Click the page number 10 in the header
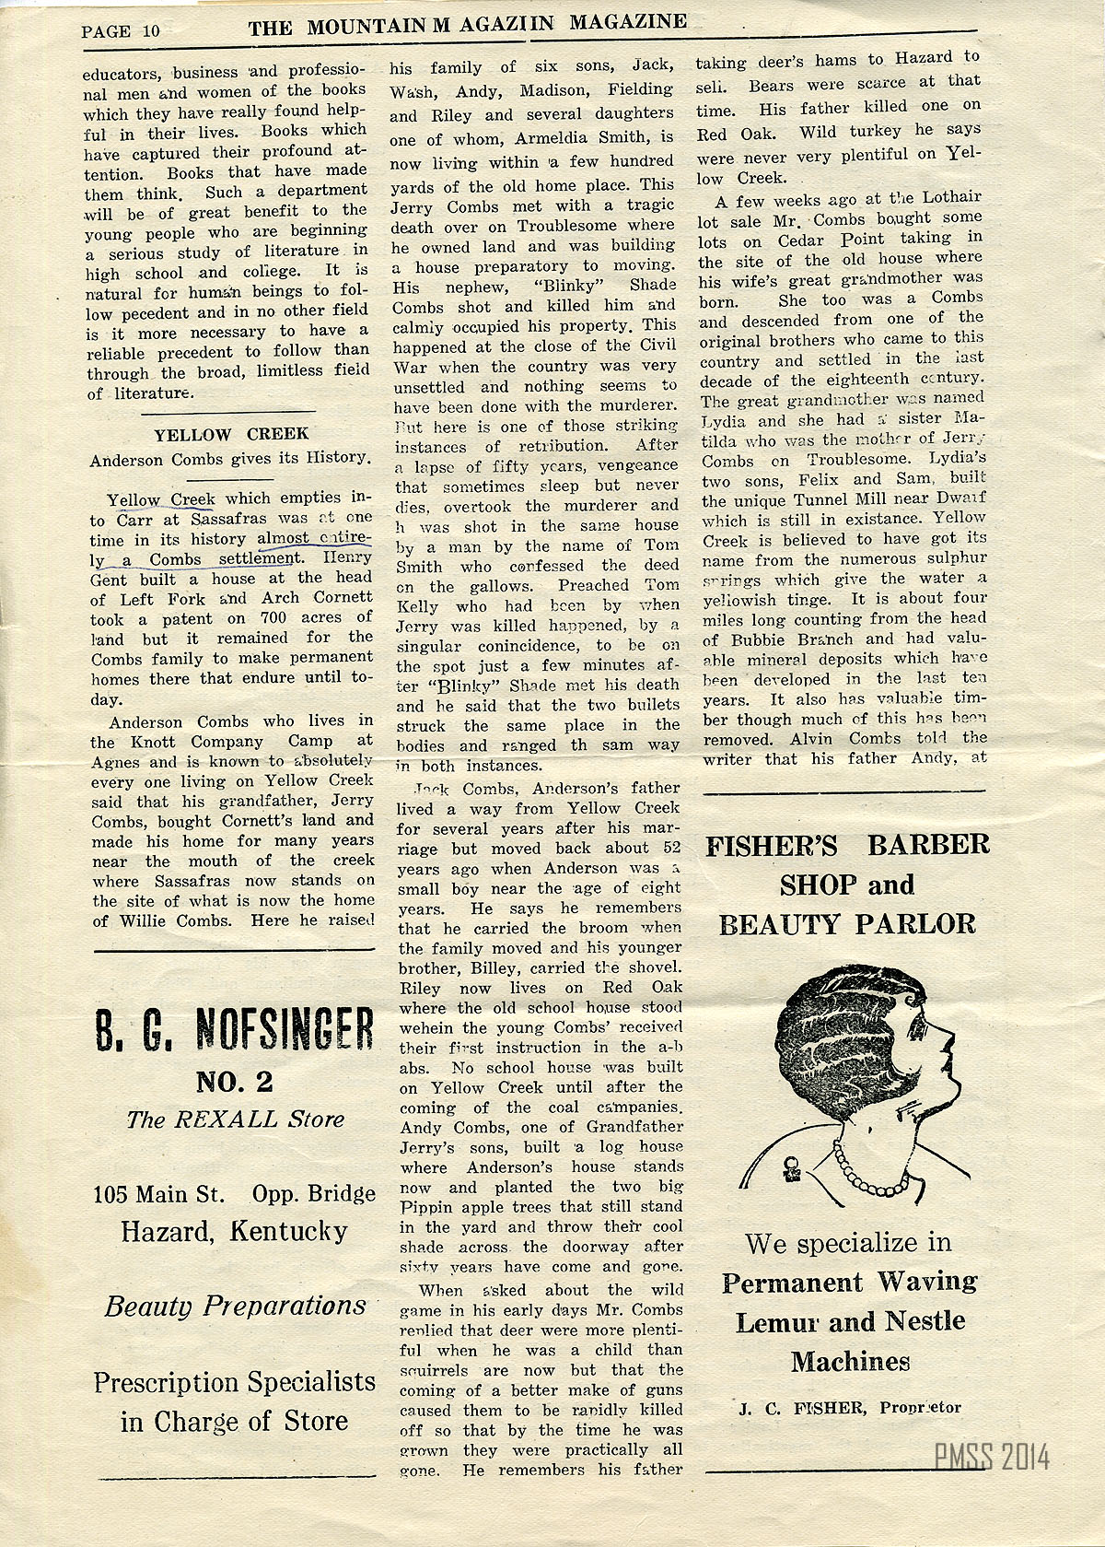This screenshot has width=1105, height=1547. pyautogui.click(x=150, y=29)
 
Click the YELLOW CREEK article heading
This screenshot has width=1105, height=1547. pyautogui.click(x=231, y=434)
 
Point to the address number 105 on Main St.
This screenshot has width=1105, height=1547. pyautogui.click(x=111, y=1195)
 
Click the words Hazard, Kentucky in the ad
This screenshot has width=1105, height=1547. pyautogui.click(x=234, y=1231)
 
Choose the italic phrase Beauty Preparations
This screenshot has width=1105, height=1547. pyautogui.click(x=235, y=1306)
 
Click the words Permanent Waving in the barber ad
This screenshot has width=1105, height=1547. pyautogui.click(x=849, y=1282)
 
